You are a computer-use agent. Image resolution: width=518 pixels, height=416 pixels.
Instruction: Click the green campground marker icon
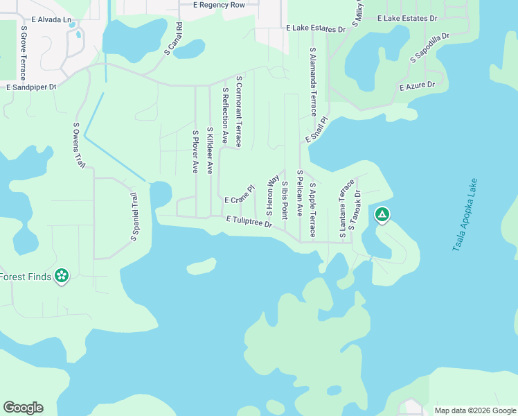[382, 215]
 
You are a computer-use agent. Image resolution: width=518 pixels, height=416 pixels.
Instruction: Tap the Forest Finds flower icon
[62, 276]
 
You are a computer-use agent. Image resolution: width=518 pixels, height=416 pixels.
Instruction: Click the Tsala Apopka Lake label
[466, 214]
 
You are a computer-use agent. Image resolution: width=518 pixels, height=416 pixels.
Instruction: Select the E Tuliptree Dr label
[248, 220]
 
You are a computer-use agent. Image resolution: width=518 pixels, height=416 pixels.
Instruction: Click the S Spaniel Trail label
[134, 217]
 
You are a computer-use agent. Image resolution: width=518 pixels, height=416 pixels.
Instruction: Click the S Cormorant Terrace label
[239, 111]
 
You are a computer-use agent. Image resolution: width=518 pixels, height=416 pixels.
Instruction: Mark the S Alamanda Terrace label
[313, 81]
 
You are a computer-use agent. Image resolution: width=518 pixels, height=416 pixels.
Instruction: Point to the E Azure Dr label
[417, 85]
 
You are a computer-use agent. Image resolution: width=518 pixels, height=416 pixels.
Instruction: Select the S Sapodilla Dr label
[430, 47]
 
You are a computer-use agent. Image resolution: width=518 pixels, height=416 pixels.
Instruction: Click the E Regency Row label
[220, 5]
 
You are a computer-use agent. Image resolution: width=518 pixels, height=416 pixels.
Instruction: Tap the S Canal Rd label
[173, 38]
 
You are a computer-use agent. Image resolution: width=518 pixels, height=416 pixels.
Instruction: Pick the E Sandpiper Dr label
[30, 87]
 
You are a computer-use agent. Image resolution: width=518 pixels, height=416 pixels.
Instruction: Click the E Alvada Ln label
[51, 19]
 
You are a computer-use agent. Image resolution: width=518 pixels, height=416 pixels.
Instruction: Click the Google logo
[23, 408]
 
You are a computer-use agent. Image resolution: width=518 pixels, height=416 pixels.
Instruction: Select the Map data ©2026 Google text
[475, 410]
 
